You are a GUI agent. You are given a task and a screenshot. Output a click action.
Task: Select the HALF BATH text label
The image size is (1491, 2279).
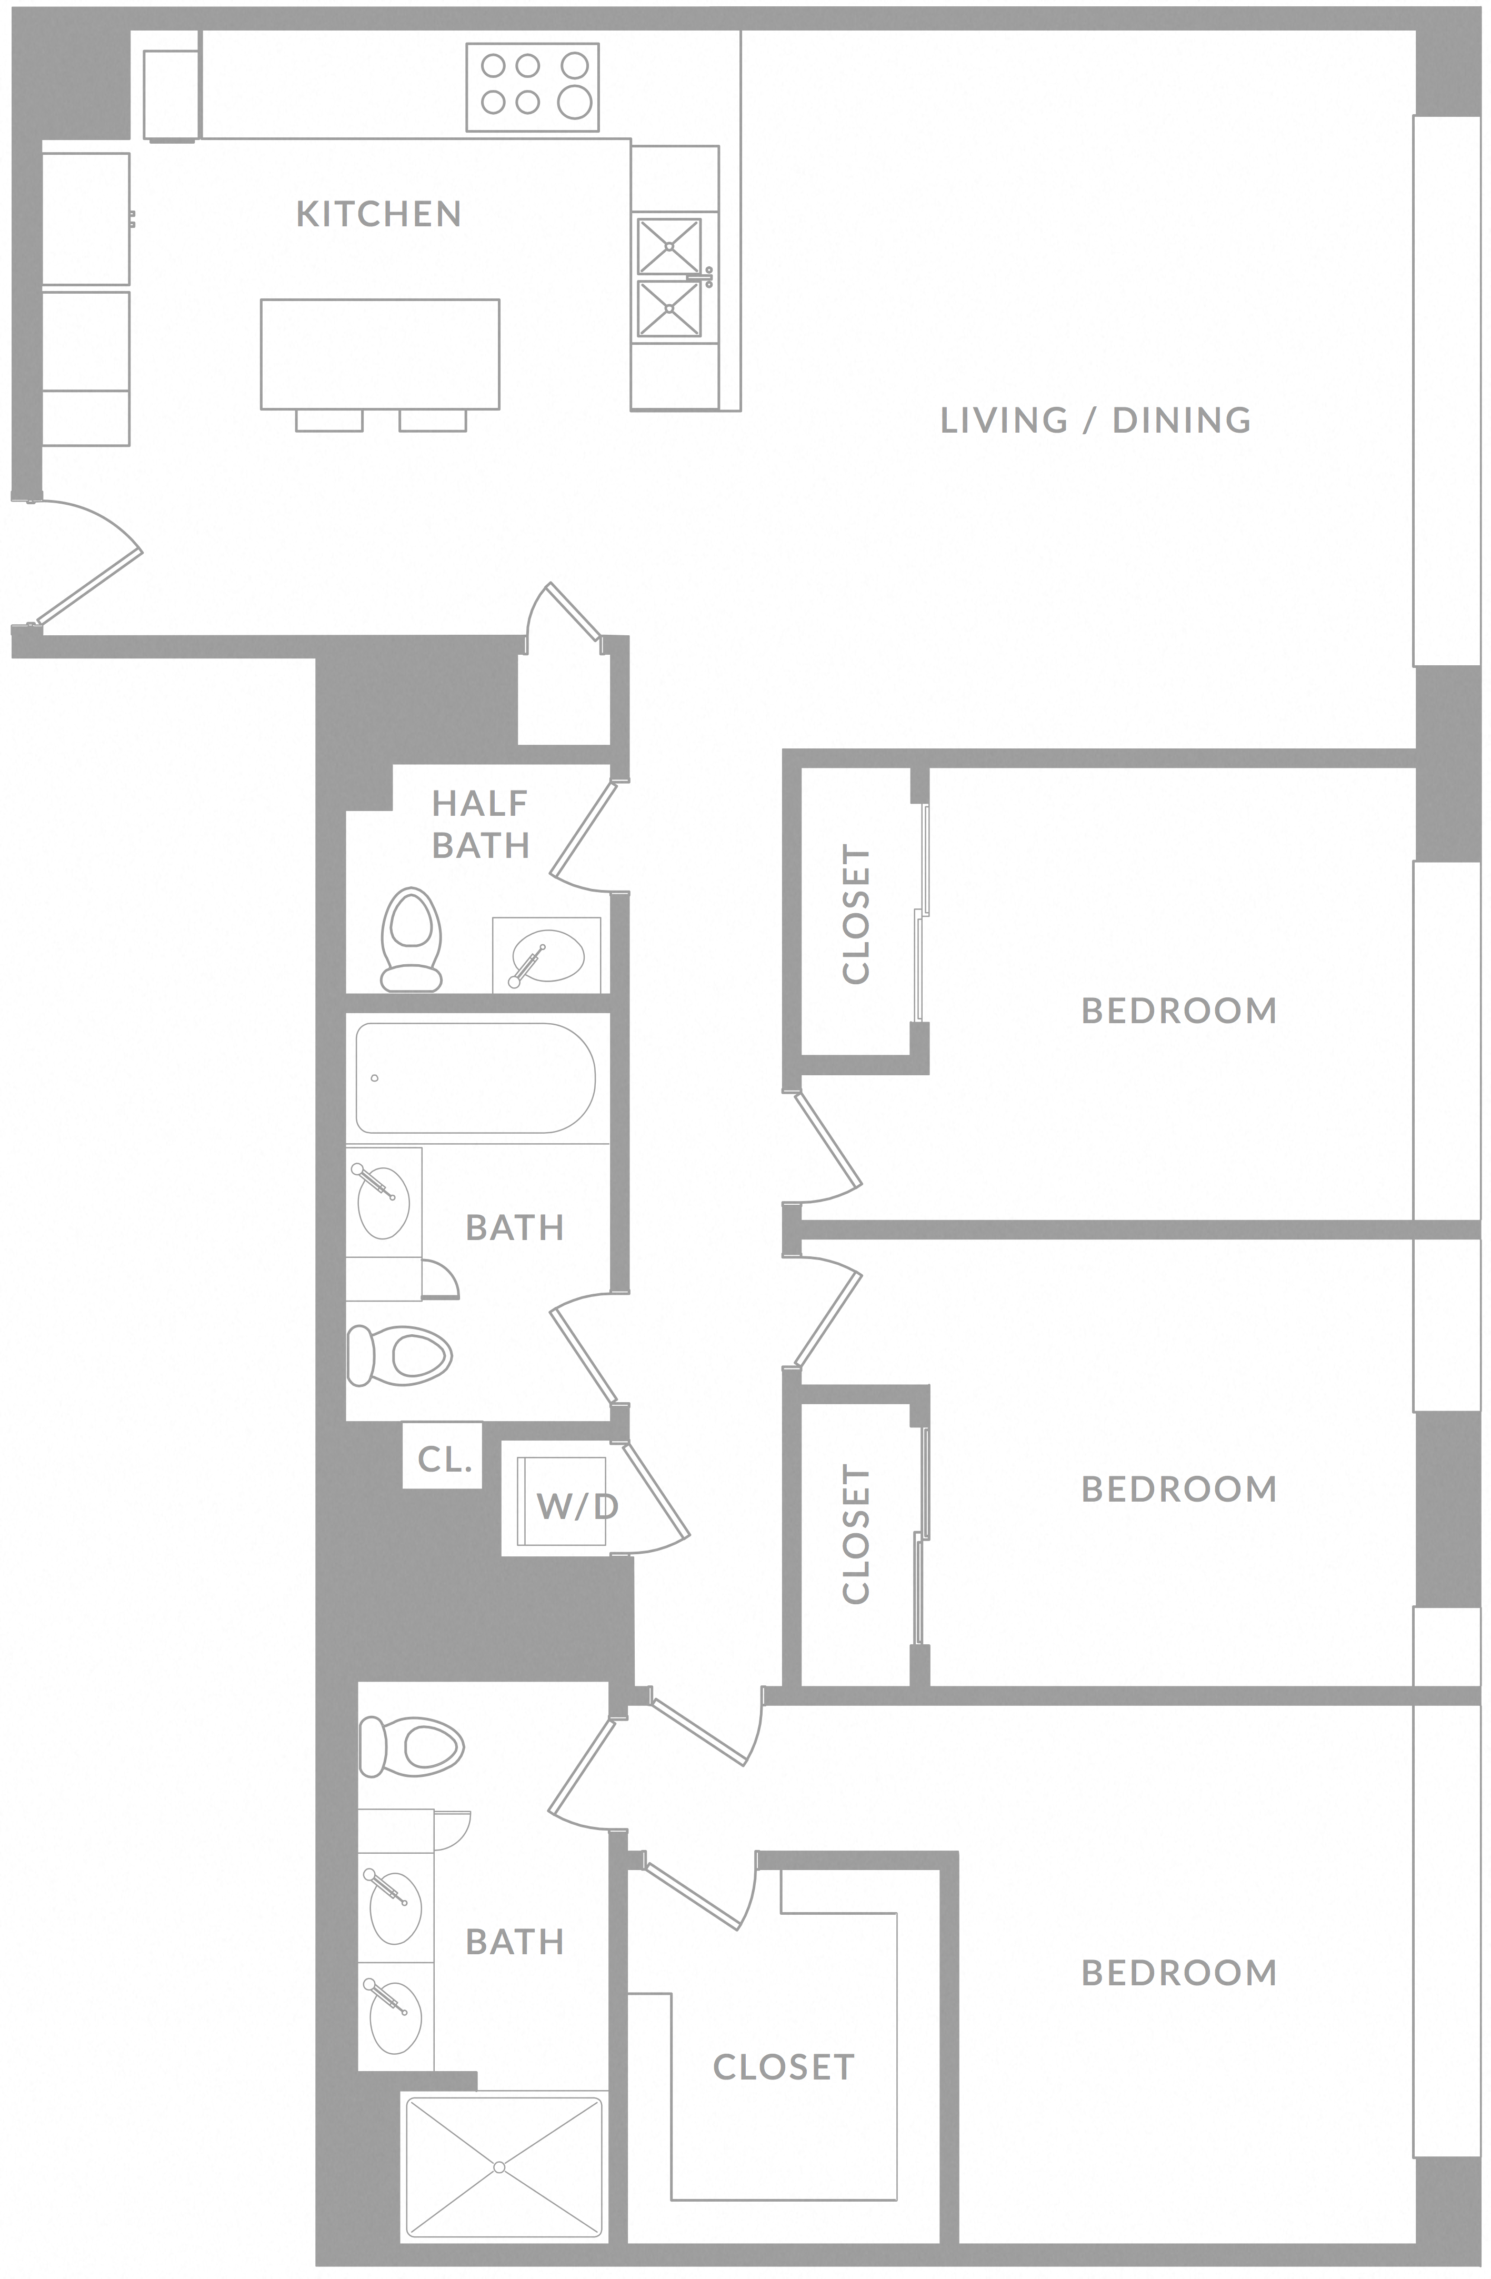480,824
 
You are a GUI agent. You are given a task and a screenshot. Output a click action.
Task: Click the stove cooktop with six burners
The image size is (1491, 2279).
533,86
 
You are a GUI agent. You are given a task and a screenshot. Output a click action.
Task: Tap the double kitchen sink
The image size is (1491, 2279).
669,278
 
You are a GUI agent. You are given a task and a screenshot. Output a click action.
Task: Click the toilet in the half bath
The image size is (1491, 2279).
411,938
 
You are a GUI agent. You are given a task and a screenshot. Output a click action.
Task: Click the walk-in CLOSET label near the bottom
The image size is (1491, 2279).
783,2067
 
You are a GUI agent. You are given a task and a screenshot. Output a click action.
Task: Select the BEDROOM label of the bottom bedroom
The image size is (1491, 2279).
1179,1973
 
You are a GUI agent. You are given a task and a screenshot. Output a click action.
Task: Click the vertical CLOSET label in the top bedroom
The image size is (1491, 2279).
855,914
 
